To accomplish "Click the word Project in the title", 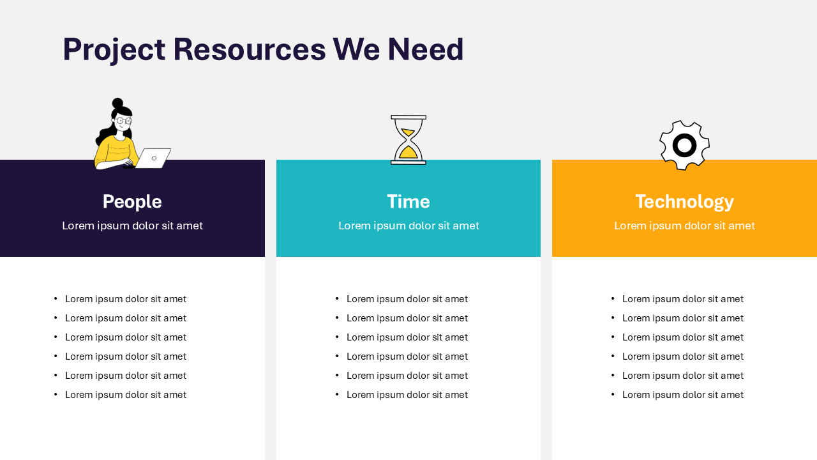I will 114,50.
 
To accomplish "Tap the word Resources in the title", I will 249,50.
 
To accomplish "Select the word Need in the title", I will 426,50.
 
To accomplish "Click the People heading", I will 132,202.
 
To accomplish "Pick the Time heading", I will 408,202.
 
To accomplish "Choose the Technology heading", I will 684,202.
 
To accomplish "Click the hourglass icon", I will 408,140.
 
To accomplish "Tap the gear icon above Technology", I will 684,146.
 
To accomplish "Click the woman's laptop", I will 154,158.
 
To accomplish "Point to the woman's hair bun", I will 117,103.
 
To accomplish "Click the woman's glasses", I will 123,120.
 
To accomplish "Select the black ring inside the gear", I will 684,146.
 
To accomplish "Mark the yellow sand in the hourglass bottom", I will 408,153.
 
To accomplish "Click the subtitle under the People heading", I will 132,226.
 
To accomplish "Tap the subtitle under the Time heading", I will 408,226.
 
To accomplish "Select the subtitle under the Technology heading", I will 684,226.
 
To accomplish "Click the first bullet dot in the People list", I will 56,299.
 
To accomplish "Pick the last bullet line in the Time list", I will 407,395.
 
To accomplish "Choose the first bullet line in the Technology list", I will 682,299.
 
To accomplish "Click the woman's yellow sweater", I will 115,152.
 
